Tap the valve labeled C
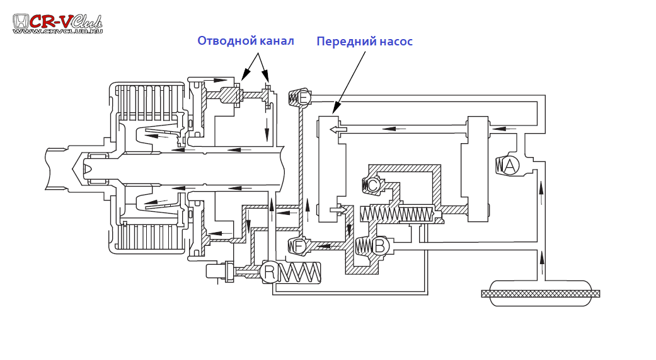tap(372, 185)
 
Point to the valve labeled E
tap(303, 98)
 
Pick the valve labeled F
tap(299, 246)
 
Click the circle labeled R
tap(269, 272)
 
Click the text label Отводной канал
tap(245, 41)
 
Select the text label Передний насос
tap(364, 42)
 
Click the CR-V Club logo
tap(57, 23)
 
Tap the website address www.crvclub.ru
tap(57, 31)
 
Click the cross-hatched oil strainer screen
tap(540, 293)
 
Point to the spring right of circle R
tap(299, 272)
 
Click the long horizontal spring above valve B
tap(396, 214)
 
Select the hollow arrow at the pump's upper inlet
tap(338, 129)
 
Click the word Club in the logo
tap(86, 21)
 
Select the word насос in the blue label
tap(395, 42)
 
